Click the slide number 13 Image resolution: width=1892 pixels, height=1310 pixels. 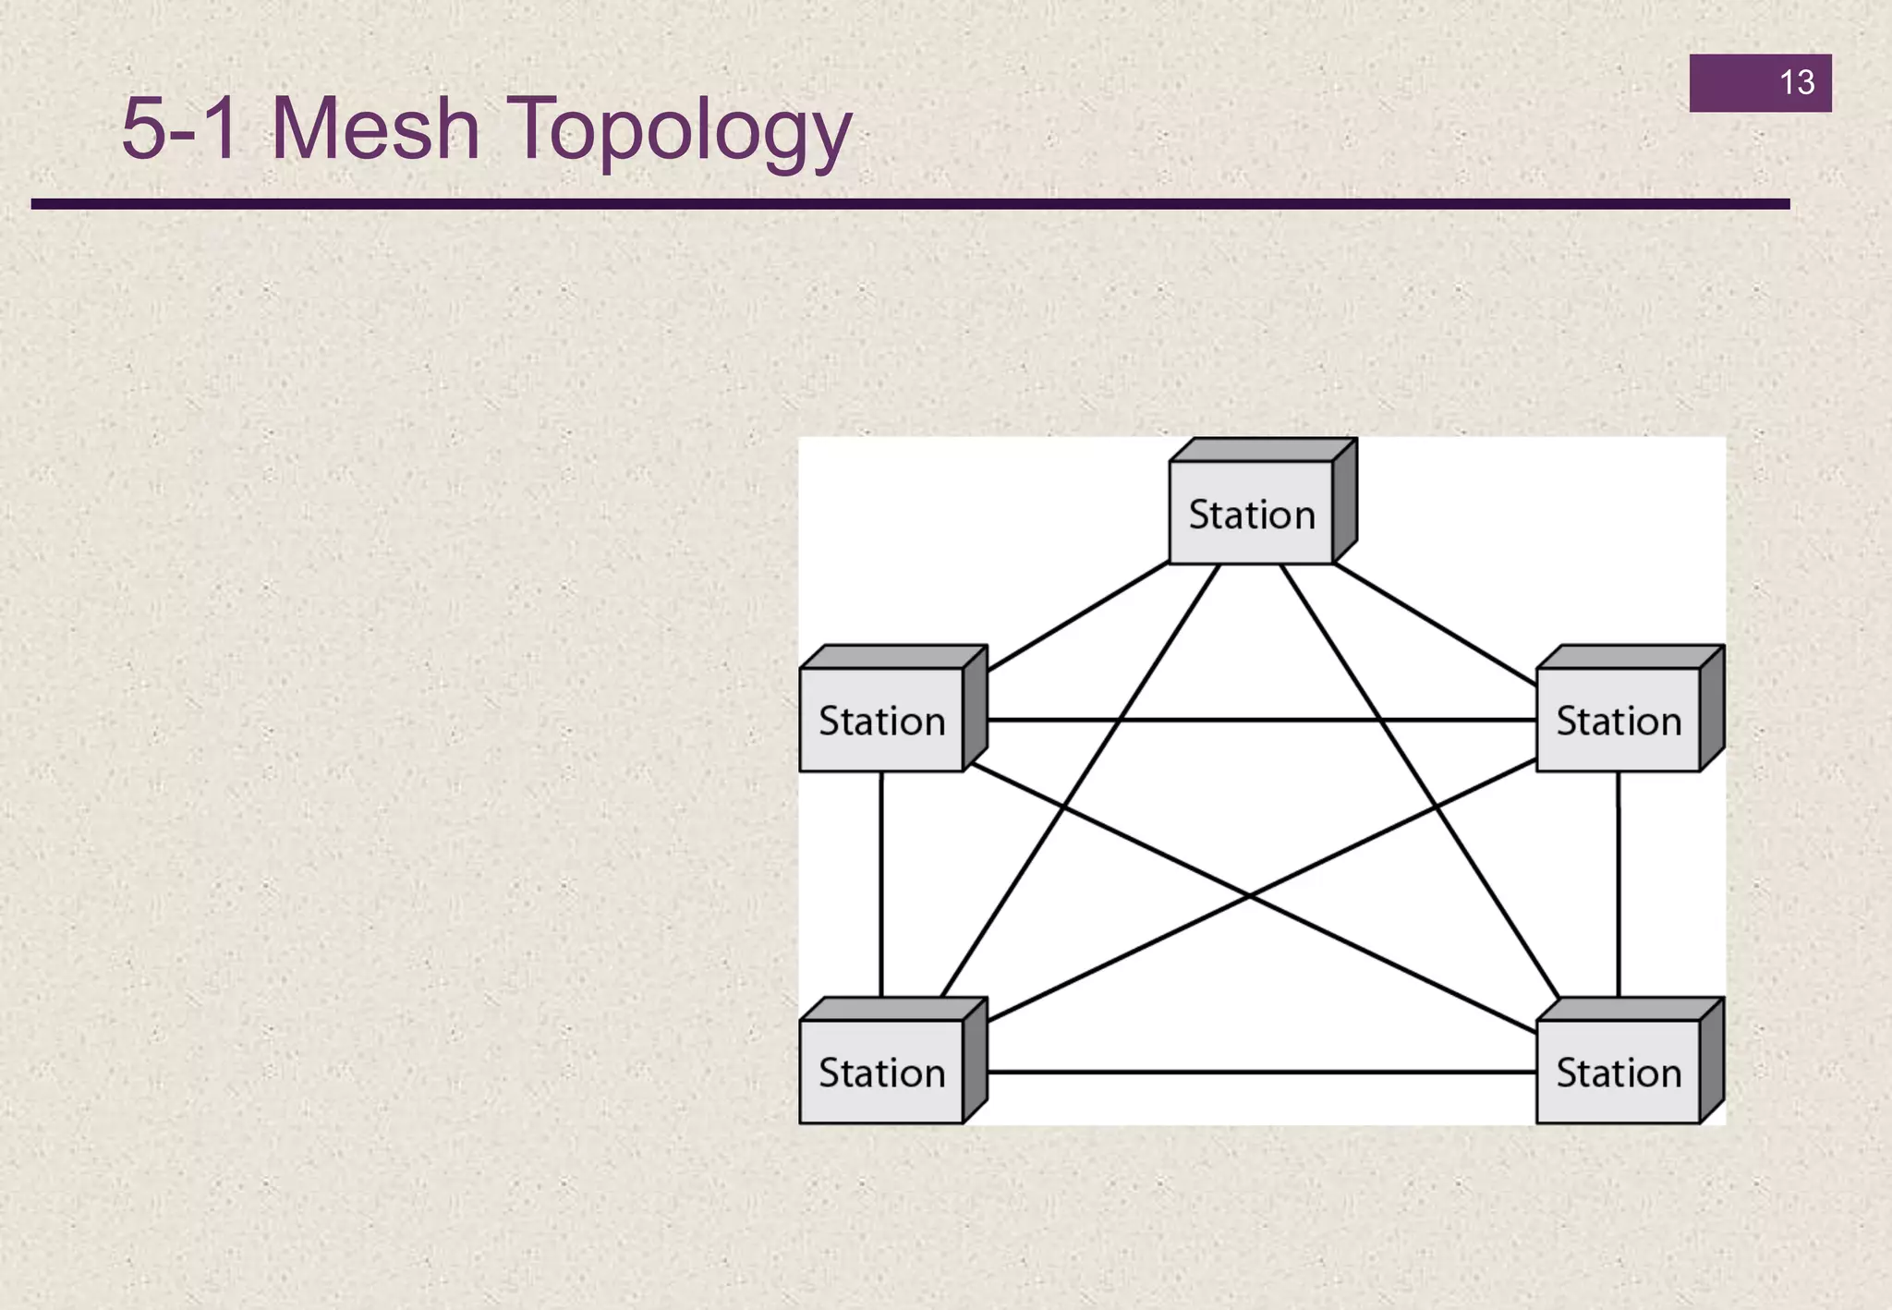click(x=1796, y=82)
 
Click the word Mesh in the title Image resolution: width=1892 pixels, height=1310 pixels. click(x=375, y=129)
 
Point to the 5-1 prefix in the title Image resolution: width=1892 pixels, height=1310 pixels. click(x=180, y=129)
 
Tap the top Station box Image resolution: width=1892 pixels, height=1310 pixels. click(x=1251, y=514)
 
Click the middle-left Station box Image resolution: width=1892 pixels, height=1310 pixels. click(x=881, y=720)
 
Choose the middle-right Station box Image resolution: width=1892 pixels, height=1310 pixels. click(x=1619, y=720)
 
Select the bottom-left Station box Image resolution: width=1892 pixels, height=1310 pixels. click(x=881, y=1072)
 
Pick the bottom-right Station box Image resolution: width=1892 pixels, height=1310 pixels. click(x=1619, y=1072)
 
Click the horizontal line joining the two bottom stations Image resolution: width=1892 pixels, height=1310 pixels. click(x=1261, y=1072)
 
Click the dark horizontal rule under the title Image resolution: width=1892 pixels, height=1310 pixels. click(x=910, y=204)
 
